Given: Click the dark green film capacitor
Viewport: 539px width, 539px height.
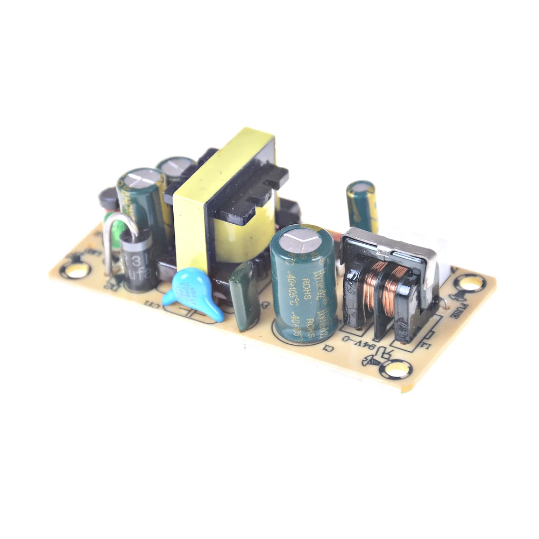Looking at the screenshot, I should (245, 296).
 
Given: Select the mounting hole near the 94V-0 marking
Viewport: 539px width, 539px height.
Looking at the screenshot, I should (399, 369).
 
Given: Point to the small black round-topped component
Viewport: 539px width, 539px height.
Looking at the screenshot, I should (109, 199).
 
